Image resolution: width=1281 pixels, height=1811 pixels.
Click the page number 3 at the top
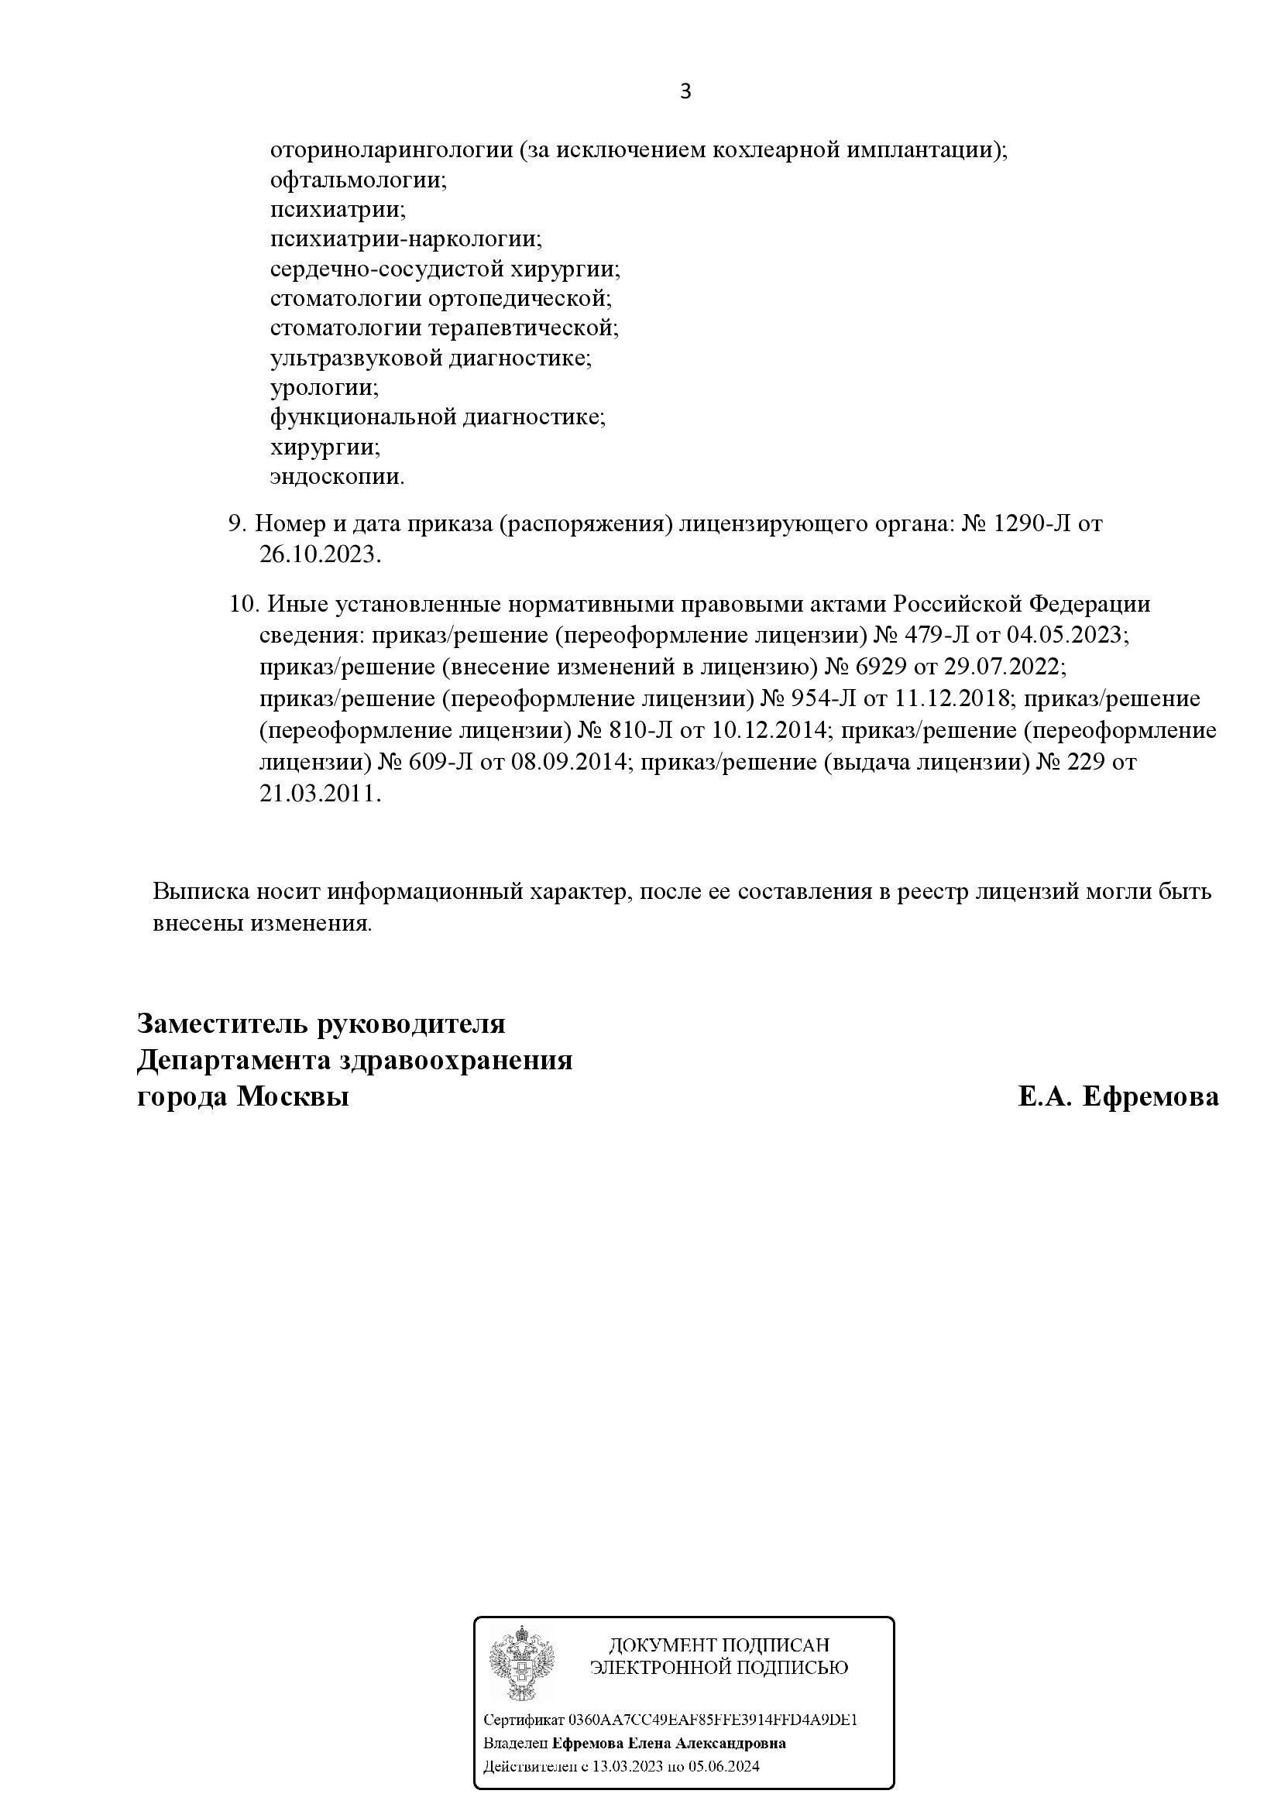(x=685, y=92)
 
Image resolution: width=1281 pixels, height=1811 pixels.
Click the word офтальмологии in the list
(x=358, y=180)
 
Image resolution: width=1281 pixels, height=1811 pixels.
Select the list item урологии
(x=324, y=387)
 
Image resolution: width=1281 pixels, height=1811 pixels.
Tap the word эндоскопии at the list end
(x=337, y=476)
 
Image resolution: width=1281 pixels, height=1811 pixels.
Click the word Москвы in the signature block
(x=293, y=1096)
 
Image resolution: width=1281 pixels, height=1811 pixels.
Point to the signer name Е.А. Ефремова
(x=1118, y=1096)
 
